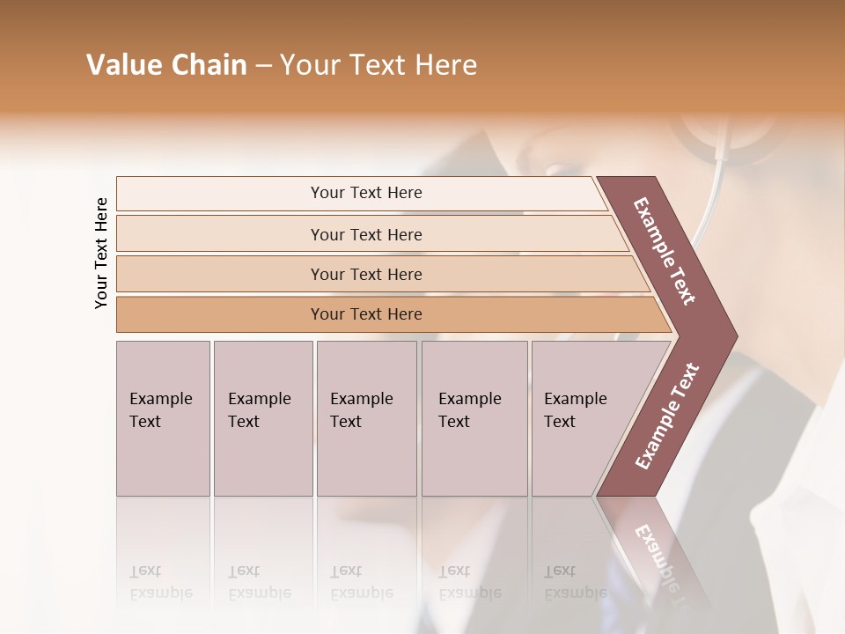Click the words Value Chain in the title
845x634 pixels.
click(166, 65)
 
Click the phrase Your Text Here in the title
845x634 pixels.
click(378, 65)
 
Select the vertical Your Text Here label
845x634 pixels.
click(101, 253)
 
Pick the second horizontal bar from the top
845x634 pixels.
click(365, 234)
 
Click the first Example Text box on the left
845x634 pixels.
click(163, 418)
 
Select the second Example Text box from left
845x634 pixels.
click(263, 418)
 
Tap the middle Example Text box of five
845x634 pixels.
click(366, 418)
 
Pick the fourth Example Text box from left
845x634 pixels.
click(474, 418)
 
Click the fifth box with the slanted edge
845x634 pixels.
click(581, 418)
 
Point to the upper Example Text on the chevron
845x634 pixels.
click(665, 251)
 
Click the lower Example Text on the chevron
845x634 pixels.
click(666, 417)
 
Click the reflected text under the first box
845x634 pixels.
click(160, 582)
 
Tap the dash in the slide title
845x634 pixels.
click(263, 65)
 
